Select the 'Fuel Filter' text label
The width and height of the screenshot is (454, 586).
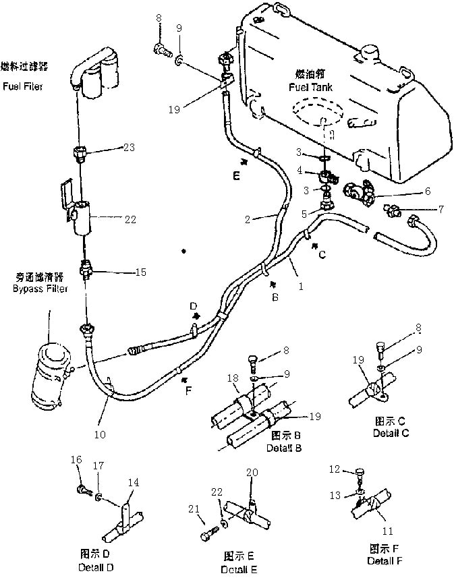(22, 86)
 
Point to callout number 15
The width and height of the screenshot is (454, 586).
(140, 272)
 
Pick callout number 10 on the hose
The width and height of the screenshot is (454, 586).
(99, 436)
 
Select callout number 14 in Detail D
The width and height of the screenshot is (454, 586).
(135, 483)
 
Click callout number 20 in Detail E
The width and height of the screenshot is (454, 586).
(252, 473)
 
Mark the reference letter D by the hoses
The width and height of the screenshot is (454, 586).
(192, 306)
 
